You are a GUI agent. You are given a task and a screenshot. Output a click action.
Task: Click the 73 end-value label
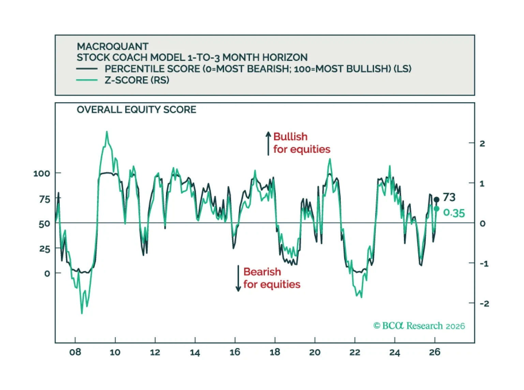pyautogui.click(x=449, y=197)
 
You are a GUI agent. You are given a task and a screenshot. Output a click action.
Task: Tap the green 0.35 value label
pyautogui.click(x=454, y=213)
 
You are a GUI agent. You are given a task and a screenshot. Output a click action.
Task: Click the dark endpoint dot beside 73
pyautogui.click(x=436, y=199)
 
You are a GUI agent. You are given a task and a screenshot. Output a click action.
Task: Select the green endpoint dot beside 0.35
pyautogui.click(x=436, y=209)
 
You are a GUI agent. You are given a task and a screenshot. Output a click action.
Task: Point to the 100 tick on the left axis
pyautogui.click(x=42, y=173)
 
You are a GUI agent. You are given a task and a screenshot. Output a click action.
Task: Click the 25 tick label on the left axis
pyautogui.click(x=45, y=249)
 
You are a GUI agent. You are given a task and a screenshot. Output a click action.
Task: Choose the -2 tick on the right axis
pyautogui.click(x=484, y=303)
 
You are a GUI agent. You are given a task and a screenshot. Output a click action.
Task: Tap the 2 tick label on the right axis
pyautogui.click(x=482, y=144)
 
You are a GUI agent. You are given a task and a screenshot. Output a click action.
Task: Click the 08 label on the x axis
pyautogui.click(x=75, y=352)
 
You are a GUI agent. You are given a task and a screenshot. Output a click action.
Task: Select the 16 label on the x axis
pyautogui.click(x=235, y=352)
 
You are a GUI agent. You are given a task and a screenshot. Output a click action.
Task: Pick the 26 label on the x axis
pyautogui.click(x=435, y=352)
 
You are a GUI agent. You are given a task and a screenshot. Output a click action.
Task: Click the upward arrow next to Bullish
pyautogui.click(x=268, y=143)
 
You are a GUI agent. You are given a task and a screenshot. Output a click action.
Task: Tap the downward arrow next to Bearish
pyautogui.click(x=238, y=278)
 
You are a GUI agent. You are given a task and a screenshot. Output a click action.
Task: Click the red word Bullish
pyautogui.click(x=290, y=136)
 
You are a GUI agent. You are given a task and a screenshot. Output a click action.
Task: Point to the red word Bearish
pyautogui.click(x=262, y=272)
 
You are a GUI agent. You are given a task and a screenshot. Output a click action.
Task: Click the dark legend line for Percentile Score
pyautogui.click(x=87, y=69)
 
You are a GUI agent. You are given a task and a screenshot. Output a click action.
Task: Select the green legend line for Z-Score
pyautogui.click(x=87, y=80)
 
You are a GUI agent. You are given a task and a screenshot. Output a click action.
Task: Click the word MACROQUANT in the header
pyautogui.click(x=113, y=46)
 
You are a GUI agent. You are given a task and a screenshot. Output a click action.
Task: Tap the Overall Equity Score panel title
pyautogui.click(x=136, y=109)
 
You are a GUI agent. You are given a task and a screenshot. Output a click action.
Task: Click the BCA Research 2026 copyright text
pyautogui.click(x=419, y=326)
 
